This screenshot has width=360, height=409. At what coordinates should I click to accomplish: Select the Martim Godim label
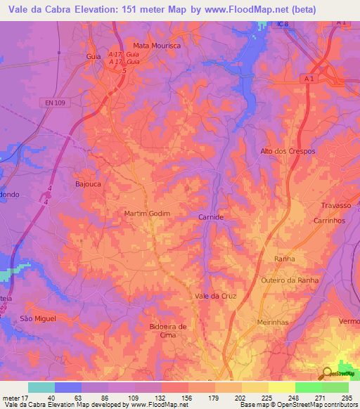[147, 213]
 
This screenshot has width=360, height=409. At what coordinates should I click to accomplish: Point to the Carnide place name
[211, 218]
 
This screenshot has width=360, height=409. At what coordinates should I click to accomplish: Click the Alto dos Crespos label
[288, 152]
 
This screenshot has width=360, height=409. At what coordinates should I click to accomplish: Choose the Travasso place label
[335, 205]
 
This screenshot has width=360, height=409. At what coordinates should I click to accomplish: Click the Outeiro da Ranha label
[290, 280]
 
